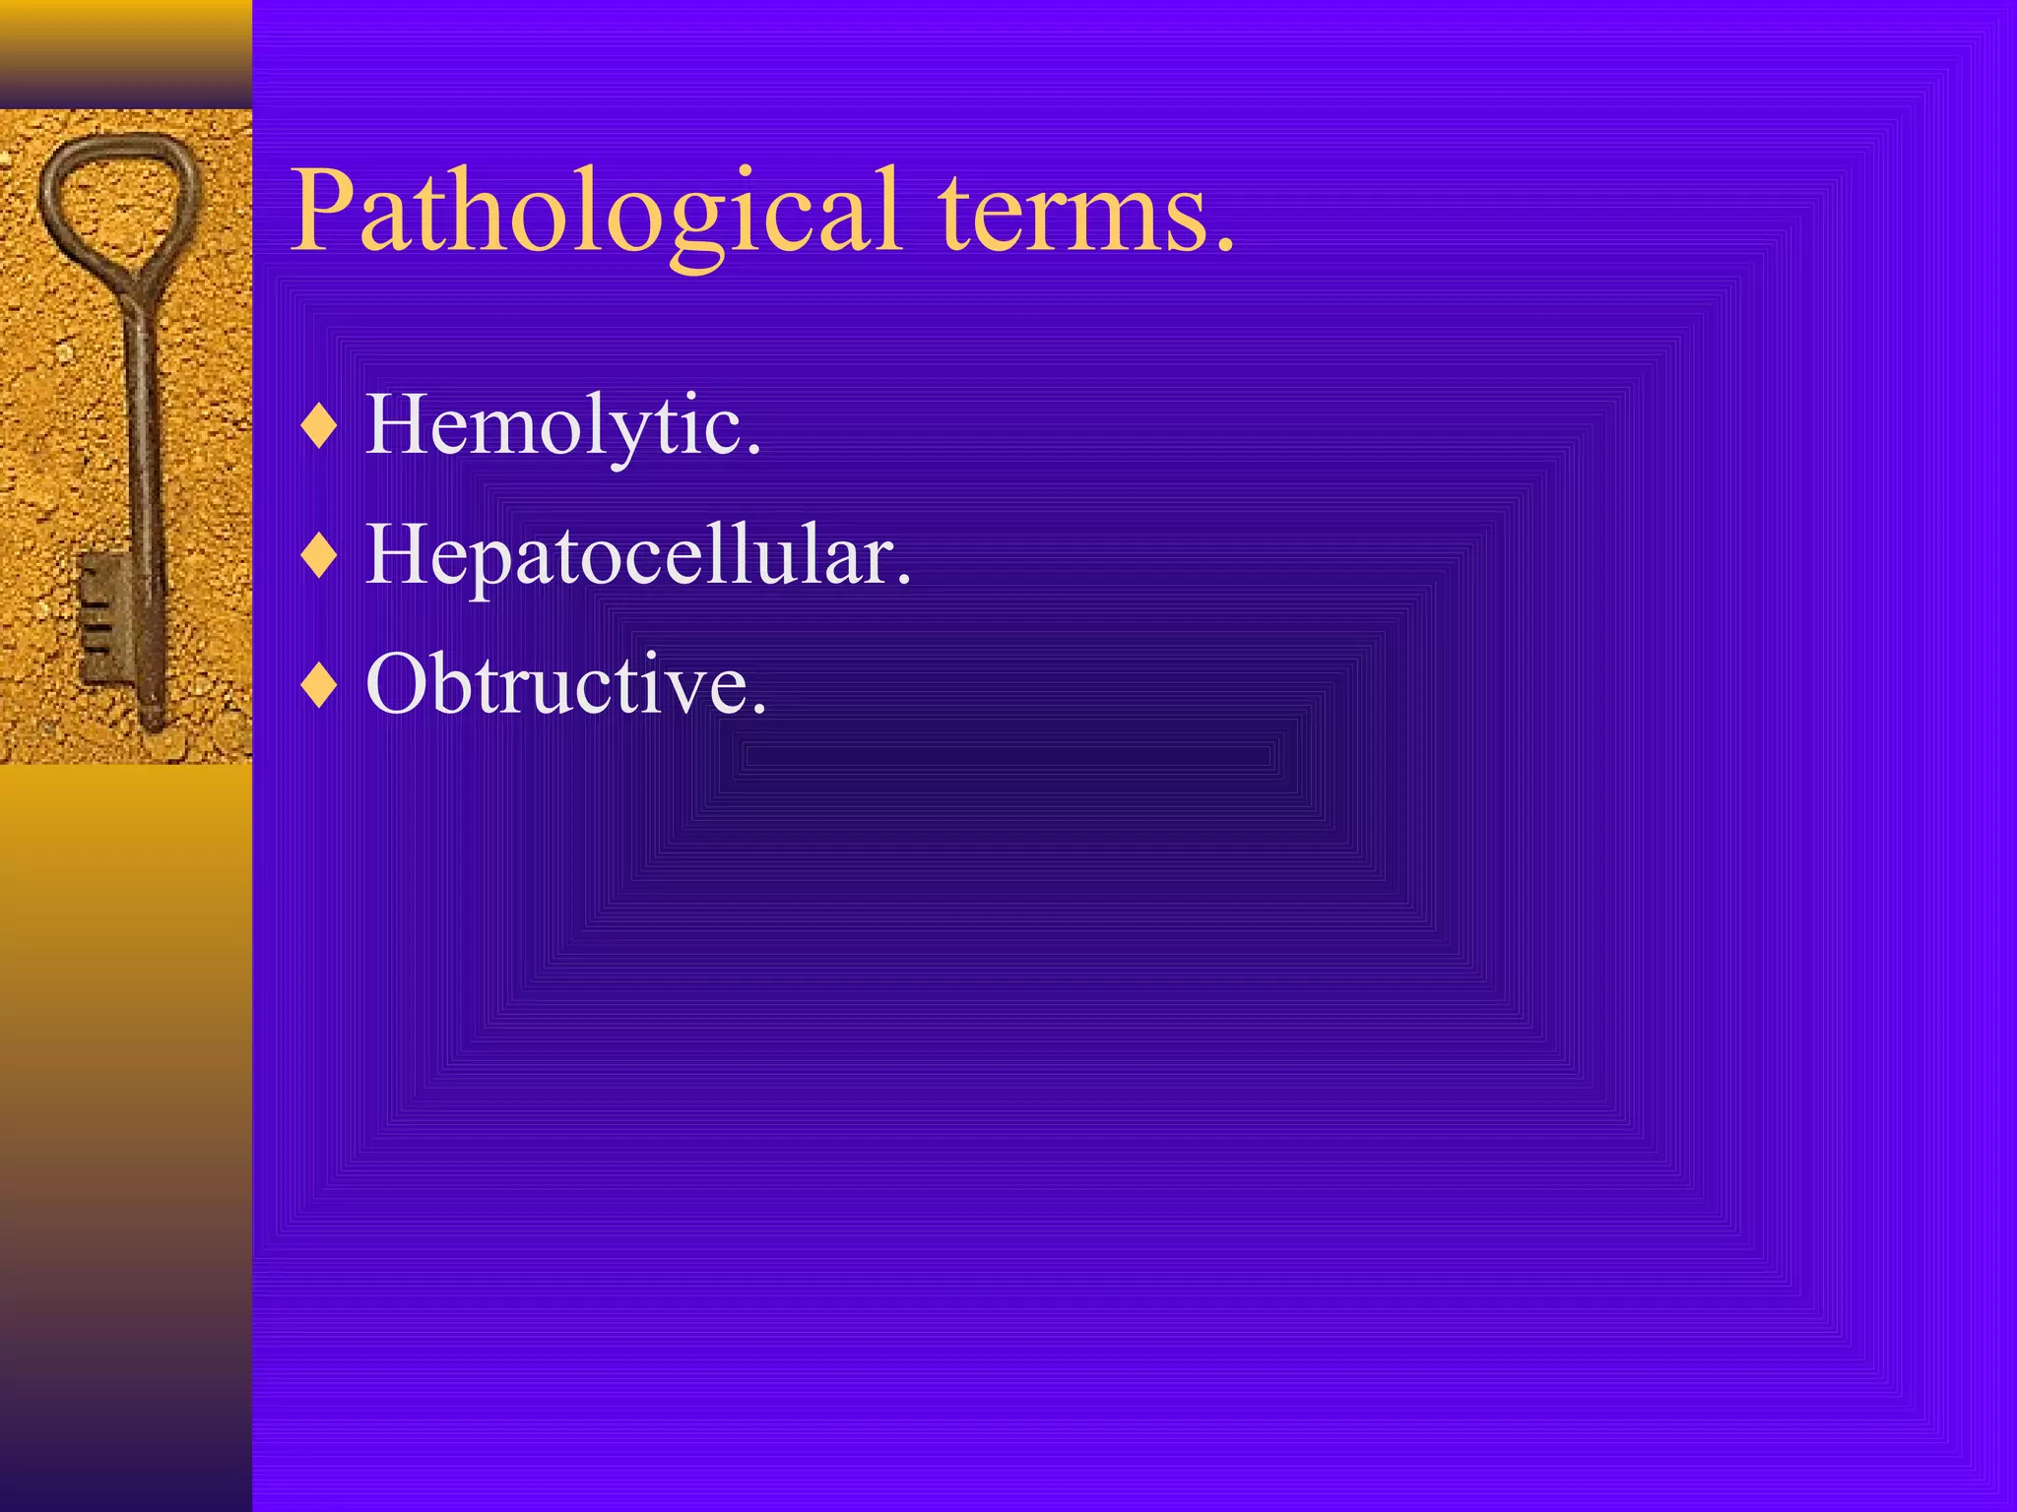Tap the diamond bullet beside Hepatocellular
(x=320, y=557)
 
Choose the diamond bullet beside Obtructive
(x=320, y=686)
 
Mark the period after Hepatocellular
(x=903, y=582)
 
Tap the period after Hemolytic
(x=753, y=451)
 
